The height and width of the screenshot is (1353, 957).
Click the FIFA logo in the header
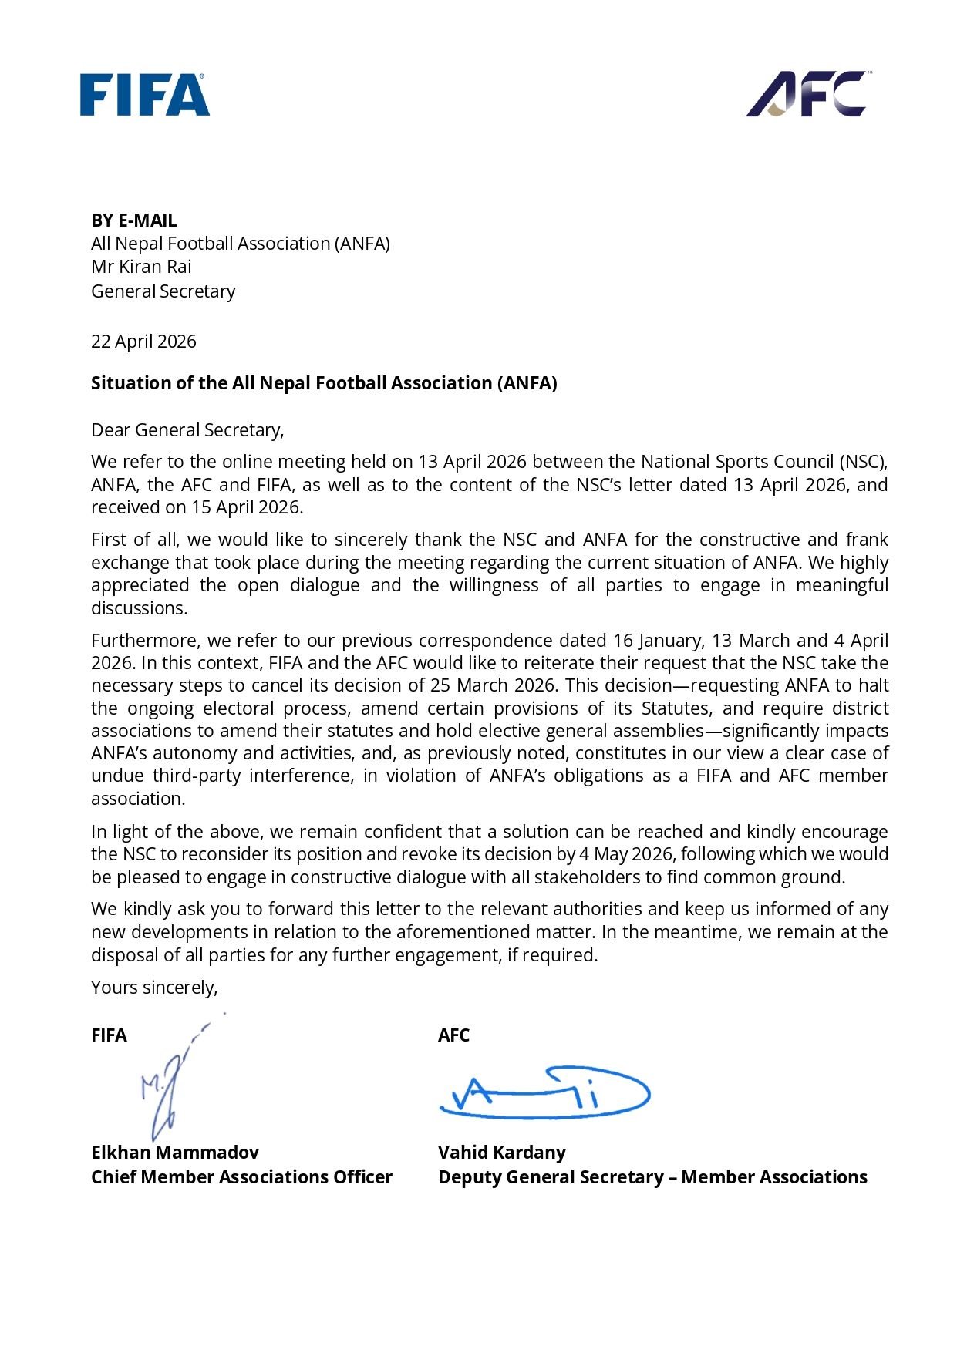(145, 95)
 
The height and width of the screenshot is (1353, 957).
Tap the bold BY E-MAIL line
(134, 220)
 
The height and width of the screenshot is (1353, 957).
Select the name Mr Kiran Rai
(141, 267)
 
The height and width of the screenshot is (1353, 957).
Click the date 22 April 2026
(143, 342)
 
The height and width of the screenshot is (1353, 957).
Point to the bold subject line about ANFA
(324, 383)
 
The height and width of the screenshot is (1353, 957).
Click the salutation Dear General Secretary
(187, 430)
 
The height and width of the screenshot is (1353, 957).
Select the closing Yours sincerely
(154, 988)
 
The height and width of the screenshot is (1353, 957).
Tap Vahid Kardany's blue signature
(544, 1093)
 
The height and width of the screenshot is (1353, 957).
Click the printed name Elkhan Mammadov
(175, 1153)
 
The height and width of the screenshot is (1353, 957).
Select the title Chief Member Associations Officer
(241, 1177)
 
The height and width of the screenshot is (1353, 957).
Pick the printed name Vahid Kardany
(502, 1153)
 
